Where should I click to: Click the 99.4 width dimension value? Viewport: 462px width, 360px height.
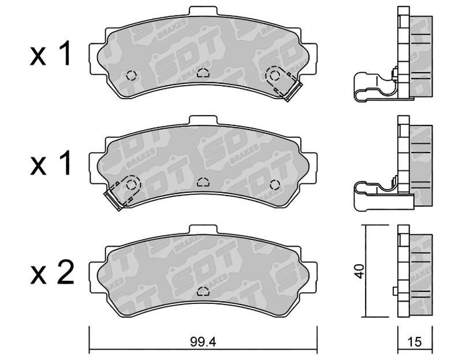pyautogui.click(x=203, y=342)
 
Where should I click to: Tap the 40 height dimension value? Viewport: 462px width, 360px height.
pyautogui.click(x=360, y=271)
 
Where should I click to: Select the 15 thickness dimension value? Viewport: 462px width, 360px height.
pyautogui.click(x=415, y=342)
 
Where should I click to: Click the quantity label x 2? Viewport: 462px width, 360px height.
pyautogui.click(x=51, y=272)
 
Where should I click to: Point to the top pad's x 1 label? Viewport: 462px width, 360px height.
pyautogui.click(x=51, y=54)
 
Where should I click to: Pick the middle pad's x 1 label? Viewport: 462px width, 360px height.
pyautogui.click(x=51, y=163)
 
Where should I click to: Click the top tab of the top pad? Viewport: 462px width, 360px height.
pyautogui.click(x=203, y=12)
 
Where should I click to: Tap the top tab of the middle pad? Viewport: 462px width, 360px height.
pyautogui.click(x=203, y=121)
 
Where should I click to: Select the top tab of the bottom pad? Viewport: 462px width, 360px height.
pyautogui.click(x=203, y=230)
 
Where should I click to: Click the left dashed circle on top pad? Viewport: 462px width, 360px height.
pyautogui.click(x=131, y=76)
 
